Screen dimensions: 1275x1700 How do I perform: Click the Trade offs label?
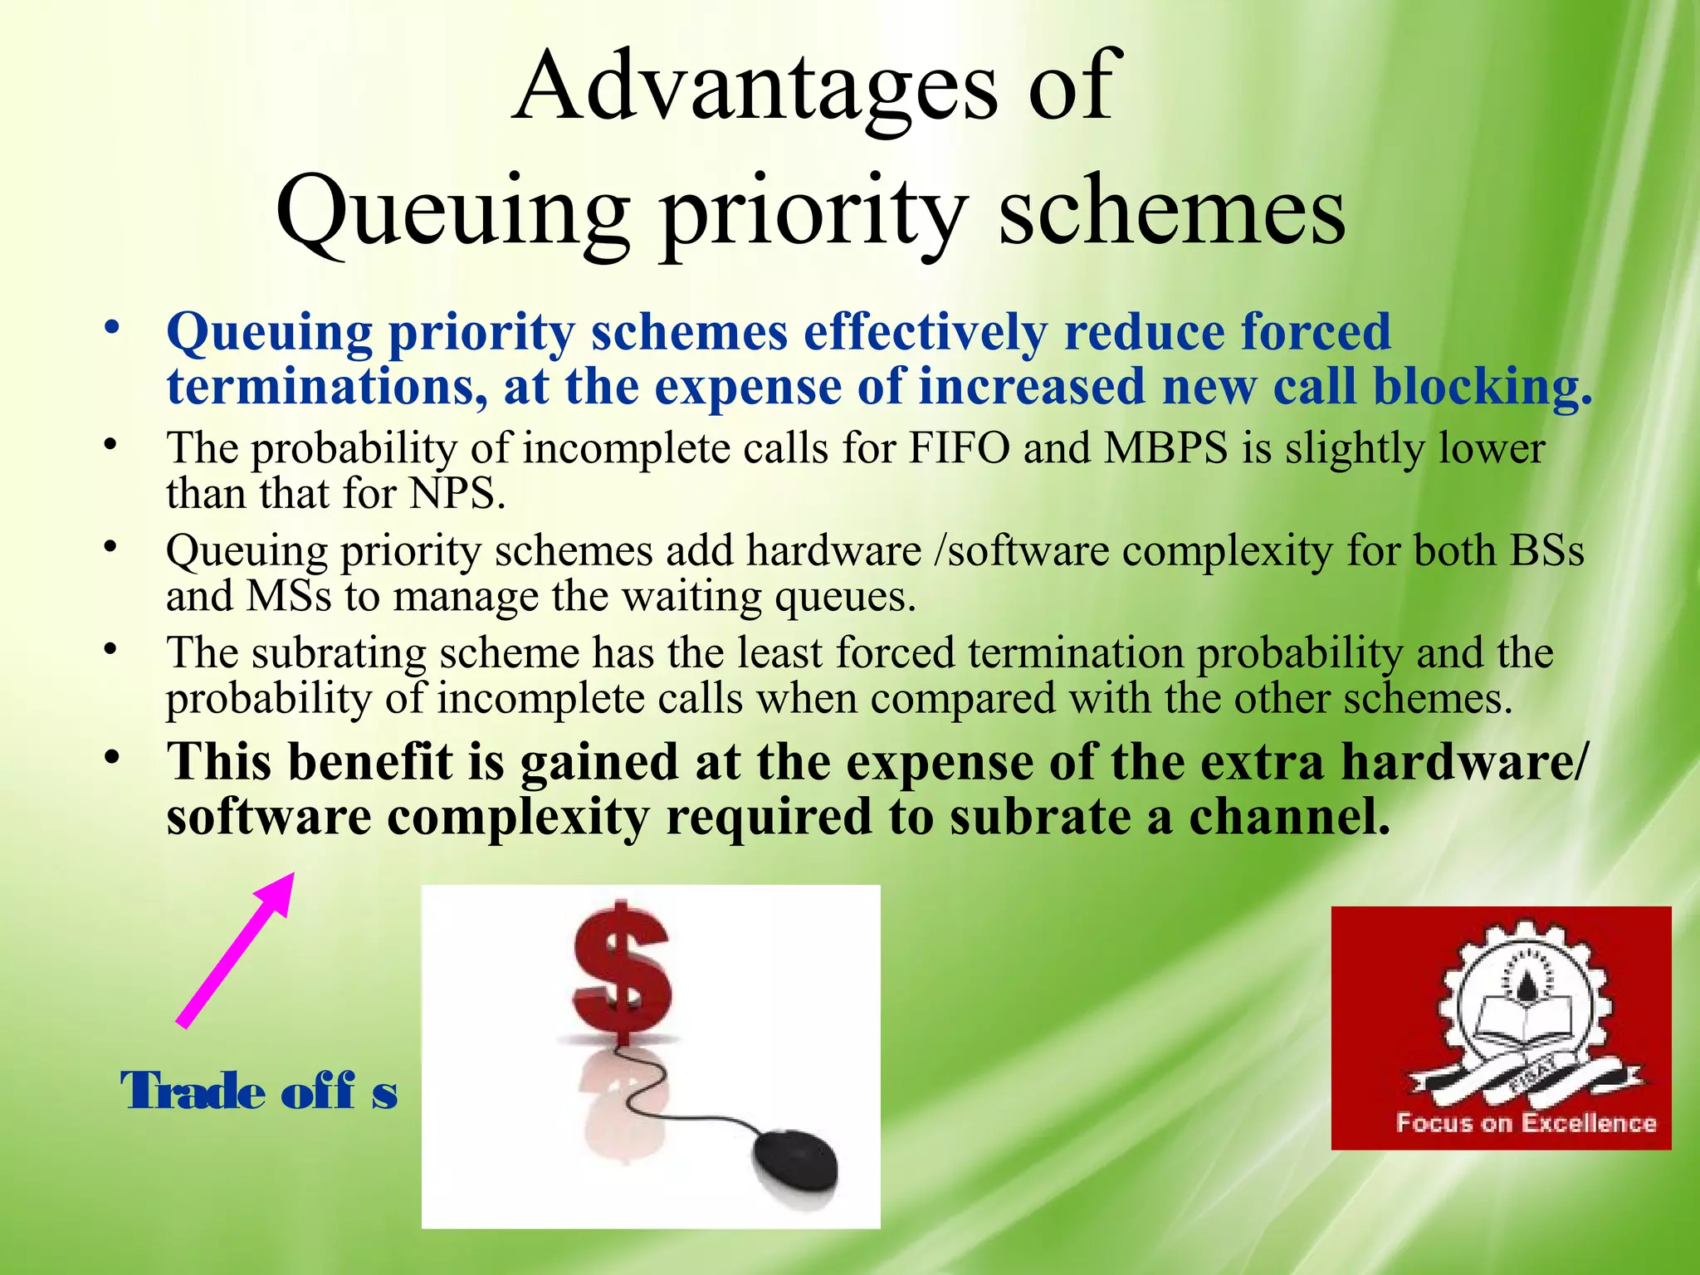coord(259,1092)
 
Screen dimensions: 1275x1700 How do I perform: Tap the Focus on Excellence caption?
coord(1526,1123)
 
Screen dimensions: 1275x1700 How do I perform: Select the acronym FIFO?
coord(960,449)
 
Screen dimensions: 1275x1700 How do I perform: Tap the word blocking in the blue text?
coord(1483,388)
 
